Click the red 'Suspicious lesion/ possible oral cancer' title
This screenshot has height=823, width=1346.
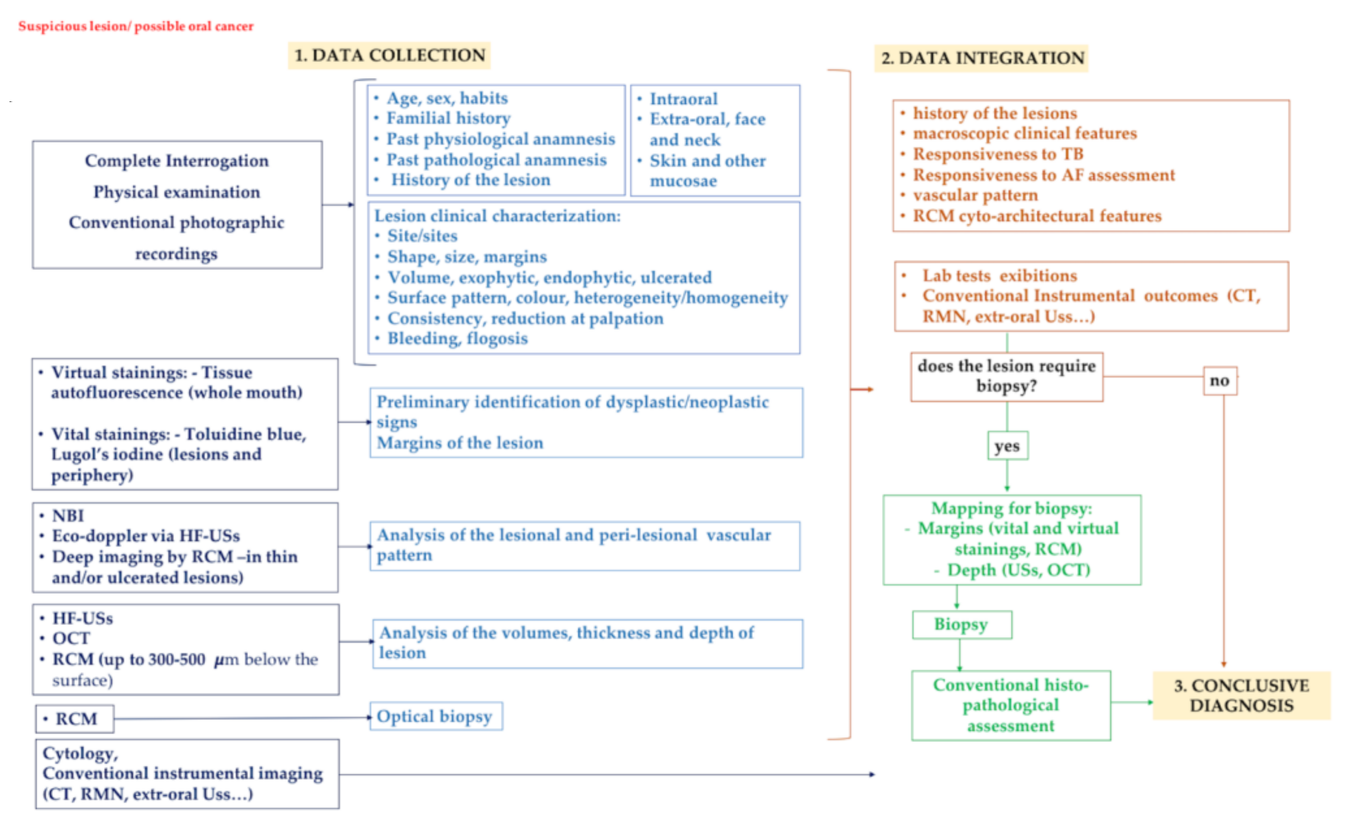[136, 26]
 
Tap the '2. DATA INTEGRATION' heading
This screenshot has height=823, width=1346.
[982, 58]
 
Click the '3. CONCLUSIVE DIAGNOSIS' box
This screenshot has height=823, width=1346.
[1241, 695]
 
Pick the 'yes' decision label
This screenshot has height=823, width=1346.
[1007, 446]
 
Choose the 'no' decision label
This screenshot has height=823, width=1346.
[1219, 381]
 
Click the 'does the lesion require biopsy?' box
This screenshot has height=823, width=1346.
[1006, 376]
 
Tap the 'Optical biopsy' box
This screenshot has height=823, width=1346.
[436, 716]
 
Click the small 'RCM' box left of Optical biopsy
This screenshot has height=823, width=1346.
[75, 719]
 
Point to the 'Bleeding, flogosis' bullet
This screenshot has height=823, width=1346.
[457, 339]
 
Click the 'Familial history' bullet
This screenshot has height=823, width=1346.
[449, 118]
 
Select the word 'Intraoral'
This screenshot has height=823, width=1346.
[683, 99]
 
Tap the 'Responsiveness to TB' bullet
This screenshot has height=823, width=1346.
[998, 154]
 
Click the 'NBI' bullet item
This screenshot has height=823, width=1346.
[68, 515]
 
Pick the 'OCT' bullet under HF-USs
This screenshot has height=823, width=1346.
[71, 638]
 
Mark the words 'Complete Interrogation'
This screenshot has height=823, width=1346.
[176, 161]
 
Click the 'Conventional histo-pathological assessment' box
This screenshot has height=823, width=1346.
[1011, 705]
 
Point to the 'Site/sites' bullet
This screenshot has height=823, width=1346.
[422, 236]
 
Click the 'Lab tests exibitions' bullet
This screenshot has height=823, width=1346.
[999, 276]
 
